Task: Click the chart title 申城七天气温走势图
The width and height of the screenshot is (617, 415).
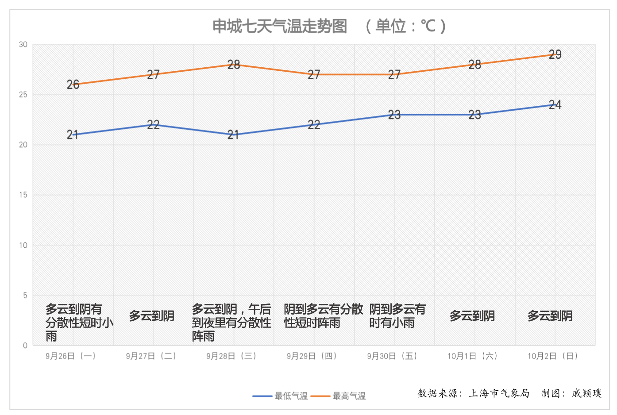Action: (x=280, y=27)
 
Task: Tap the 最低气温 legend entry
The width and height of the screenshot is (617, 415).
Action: (x=291, y=396)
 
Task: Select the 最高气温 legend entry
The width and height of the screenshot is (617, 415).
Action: (x=349, y=396)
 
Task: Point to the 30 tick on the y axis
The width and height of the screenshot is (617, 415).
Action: (x=23, y=45)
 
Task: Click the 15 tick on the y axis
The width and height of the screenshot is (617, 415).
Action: (x=23, y=195)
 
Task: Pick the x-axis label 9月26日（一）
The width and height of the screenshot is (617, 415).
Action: (x=71, y=356)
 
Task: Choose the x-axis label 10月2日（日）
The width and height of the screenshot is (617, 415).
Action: (x=553, y=356)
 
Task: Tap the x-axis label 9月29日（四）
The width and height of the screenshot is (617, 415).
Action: (x=312, y=356)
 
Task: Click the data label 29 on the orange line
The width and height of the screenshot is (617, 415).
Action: (x=555, y=54)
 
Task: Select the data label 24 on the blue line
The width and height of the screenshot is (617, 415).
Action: (x=555, y=105)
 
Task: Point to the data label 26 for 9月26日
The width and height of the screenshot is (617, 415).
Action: (x=73, y=85)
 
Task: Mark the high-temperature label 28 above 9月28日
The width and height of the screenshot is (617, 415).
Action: (x=234, y=65)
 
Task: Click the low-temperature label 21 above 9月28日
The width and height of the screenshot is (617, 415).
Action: (x=233, y=134)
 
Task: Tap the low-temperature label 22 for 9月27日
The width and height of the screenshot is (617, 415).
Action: (x=153, y=125)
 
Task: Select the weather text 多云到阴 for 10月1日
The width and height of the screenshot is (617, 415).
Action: (x=472, y=316)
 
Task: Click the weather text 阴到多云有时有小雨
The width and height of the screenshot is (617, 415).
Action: (x=397, y=316)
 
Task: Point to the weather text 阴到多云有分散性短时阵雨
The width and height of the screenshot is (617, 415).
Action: (x=323, y=316)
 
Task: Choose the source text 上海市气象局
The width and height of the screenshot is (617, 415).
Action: (x=499, y=393)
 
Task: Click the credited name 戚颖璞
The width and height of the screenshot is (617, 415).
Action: (x=586, y=393)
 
